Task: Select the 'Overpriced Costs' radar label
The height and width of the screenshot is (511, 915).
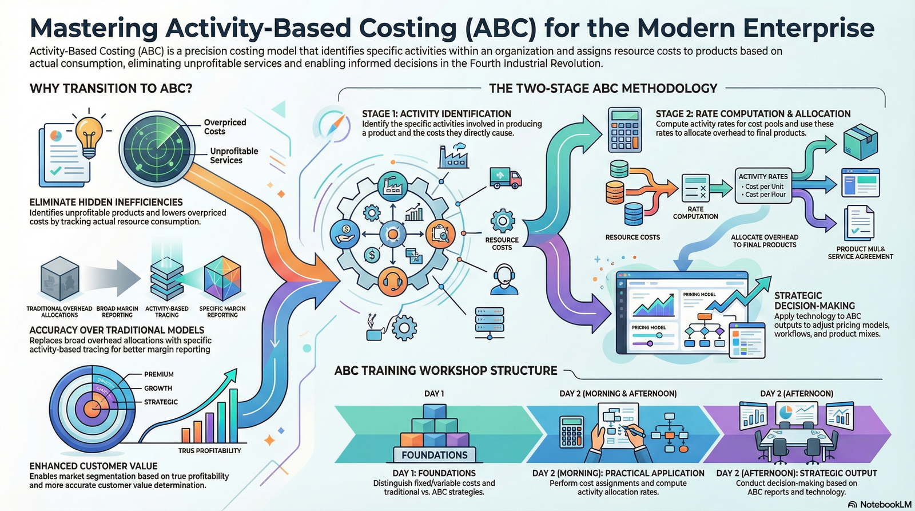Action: click(x=225, y=126)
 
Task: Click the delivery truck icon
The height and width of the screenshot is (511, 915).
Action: click(x=506, y=178)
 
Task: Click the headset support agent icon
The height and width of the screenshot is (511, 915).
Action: click(x=504, y=279)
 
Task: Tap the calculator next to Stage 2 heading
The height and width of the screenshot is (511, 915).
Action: click(x=624, y=130)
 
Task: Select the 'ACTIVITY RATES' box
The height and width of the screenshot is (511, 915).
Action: click(x=763, y=185)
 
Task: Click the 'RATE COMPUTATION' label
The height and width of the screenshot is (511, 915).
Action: click(x=695, y=213)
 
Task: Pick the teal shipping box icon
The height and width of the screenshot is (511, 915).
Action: click(x=860, y=141)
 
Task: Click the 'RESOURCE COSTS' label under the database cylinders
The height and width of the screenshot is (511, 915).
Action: click(x=632, y=237)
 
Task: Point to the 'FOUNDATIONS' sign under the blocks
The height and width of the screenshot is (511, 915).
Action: click(x=435, y=455)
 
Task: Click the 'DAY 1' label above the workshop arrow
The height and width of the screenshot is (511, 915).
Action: click(x=434, y=394)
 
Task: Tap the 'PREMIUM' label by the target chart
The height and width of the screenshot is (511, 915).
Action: click(x=159, y=374)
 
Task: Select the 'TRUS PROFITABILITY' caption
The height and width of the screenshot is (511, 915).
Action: click(x=209, y=450)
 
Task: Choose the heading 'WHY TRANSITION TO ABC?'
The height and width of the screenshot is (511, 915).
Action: click(x=111, y=88)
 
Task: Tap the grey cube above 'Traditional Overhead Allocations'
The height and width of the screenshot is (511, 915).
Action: click(x=59, y=279)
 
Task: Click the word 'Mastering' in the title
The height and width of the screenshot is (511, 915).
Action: click(x=94, y=28)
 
